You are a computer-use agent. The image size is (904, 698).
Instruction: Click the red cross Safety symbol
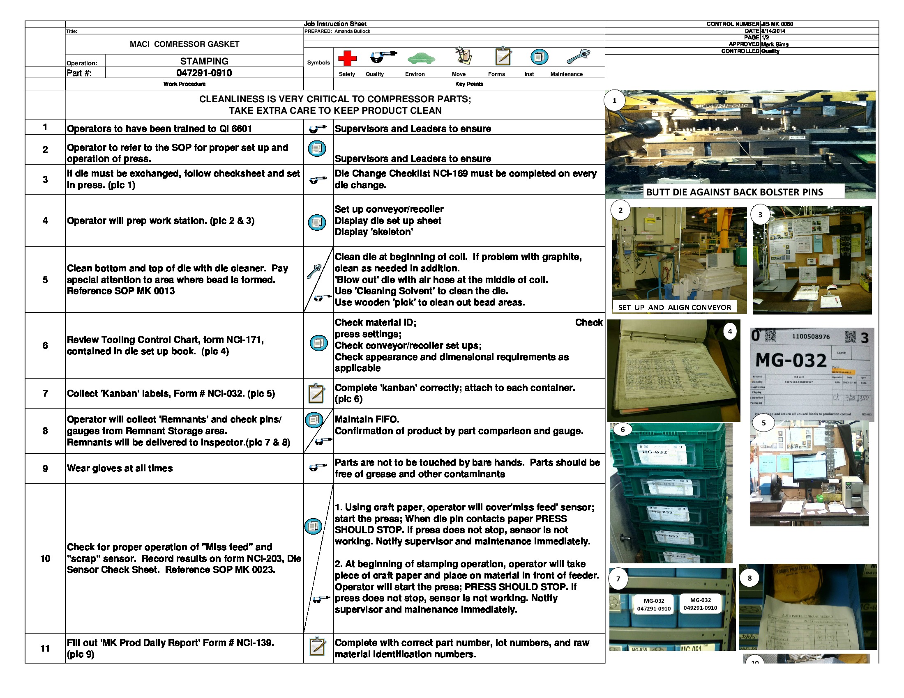347,58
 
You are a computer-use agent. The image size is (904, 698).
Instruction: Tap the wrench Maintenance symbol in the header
578,56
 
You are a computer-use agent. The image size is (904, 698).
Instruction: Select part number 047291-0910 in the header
204,73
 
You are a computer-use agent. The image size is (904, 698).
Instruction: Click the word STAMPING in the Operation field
204,61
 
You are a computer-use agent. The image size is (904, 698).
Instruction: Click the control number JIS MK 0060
777,24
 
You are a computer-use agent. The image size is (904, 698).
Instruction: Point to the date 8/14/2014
773,31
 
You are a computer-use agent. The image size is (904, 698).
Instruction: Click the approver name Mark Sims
775,44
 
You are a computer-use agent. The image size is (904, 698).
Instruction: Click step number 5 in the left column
45,280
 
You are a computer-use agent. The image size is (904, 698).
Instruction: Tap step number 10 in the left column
45,559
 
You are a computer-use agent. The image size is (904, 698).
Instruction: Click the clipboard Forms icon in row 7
317,393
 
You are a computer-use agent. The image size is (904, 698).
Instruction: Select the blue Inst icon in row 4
317,223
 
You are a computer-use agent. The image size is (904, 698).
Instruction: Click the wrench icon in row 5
314,271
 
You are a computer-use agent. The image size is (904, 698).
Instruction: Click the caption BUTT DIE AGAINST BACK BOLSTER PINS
734,192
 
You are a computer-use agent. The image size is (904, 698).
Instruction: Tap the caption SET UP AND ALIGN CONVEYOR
674,308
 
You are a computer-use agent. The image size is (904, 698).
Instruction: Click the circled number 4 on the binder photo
730,331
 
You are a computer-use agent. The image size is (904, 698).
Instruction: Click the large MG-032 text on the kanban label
791,360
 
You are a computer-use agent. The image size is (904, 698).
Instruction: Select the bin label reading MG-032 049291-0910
700,604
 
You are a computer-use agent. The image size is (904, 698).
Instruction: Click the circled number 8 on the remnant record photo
749,578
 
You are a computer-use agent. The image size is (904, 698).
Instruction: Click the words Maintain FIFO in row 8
367,419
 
